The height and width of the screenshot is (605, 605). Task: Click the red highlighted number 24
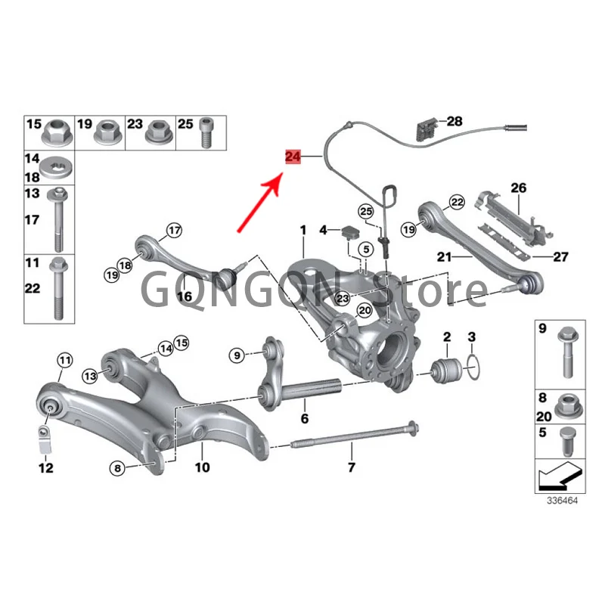(292, 157)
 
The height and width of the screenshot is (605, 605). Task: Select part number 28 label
(454, 121)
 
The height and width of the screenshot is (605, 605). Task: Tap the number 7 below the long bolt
(351, 467)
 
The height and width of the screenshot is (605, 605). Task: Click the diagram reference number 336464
(563, 501)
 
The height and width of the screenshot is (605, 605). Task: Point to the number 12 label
(46, 468)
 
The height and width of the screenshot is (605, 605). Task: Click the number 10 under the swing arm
(202, 467)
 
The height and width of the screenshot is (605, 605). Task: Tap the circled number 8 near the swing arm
(117, 469)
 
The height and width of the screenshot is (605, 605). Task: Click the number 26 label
(518, 187)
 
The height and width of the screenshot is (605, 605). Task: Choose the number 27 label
(560, 257)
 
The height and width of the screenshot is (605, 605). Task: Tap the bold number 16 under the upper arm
(185, 297)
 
